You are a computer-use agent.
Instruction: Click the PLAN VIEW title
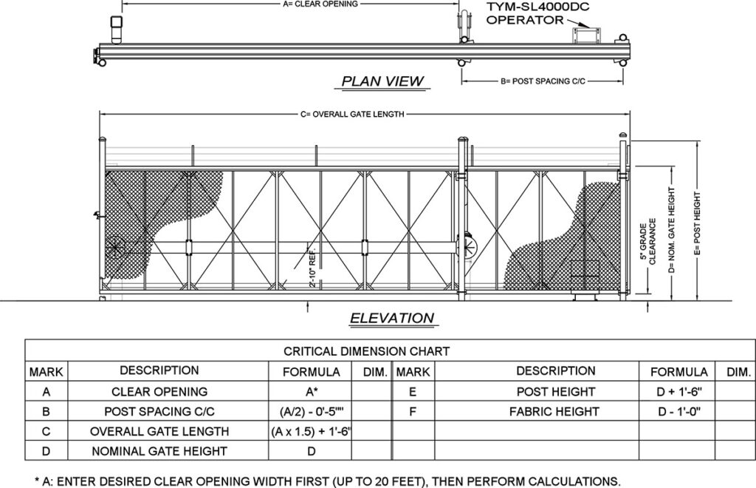(382, 81)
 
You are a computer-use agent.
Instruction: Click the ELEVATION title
(391, 319)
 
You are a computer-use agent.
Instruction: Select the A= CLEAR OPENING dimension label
(320, 4)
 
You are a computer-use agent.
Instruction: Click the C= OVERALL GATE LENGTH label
(352, 115)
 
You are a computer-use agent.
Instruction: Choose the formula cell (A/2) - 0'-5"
(311, 411)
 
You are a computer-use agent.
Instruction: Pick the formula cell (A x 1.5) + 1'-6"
(311, 431)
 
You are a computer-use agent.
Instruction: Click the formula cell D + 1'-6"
(678, 391)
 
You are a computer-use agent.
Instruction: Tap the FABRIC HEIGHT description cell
(554, 411)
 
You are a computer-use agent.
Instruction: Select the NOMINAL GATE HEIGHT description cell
(159, 450)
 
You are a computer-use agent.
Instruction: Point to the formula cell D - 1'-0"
(678, 411)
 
